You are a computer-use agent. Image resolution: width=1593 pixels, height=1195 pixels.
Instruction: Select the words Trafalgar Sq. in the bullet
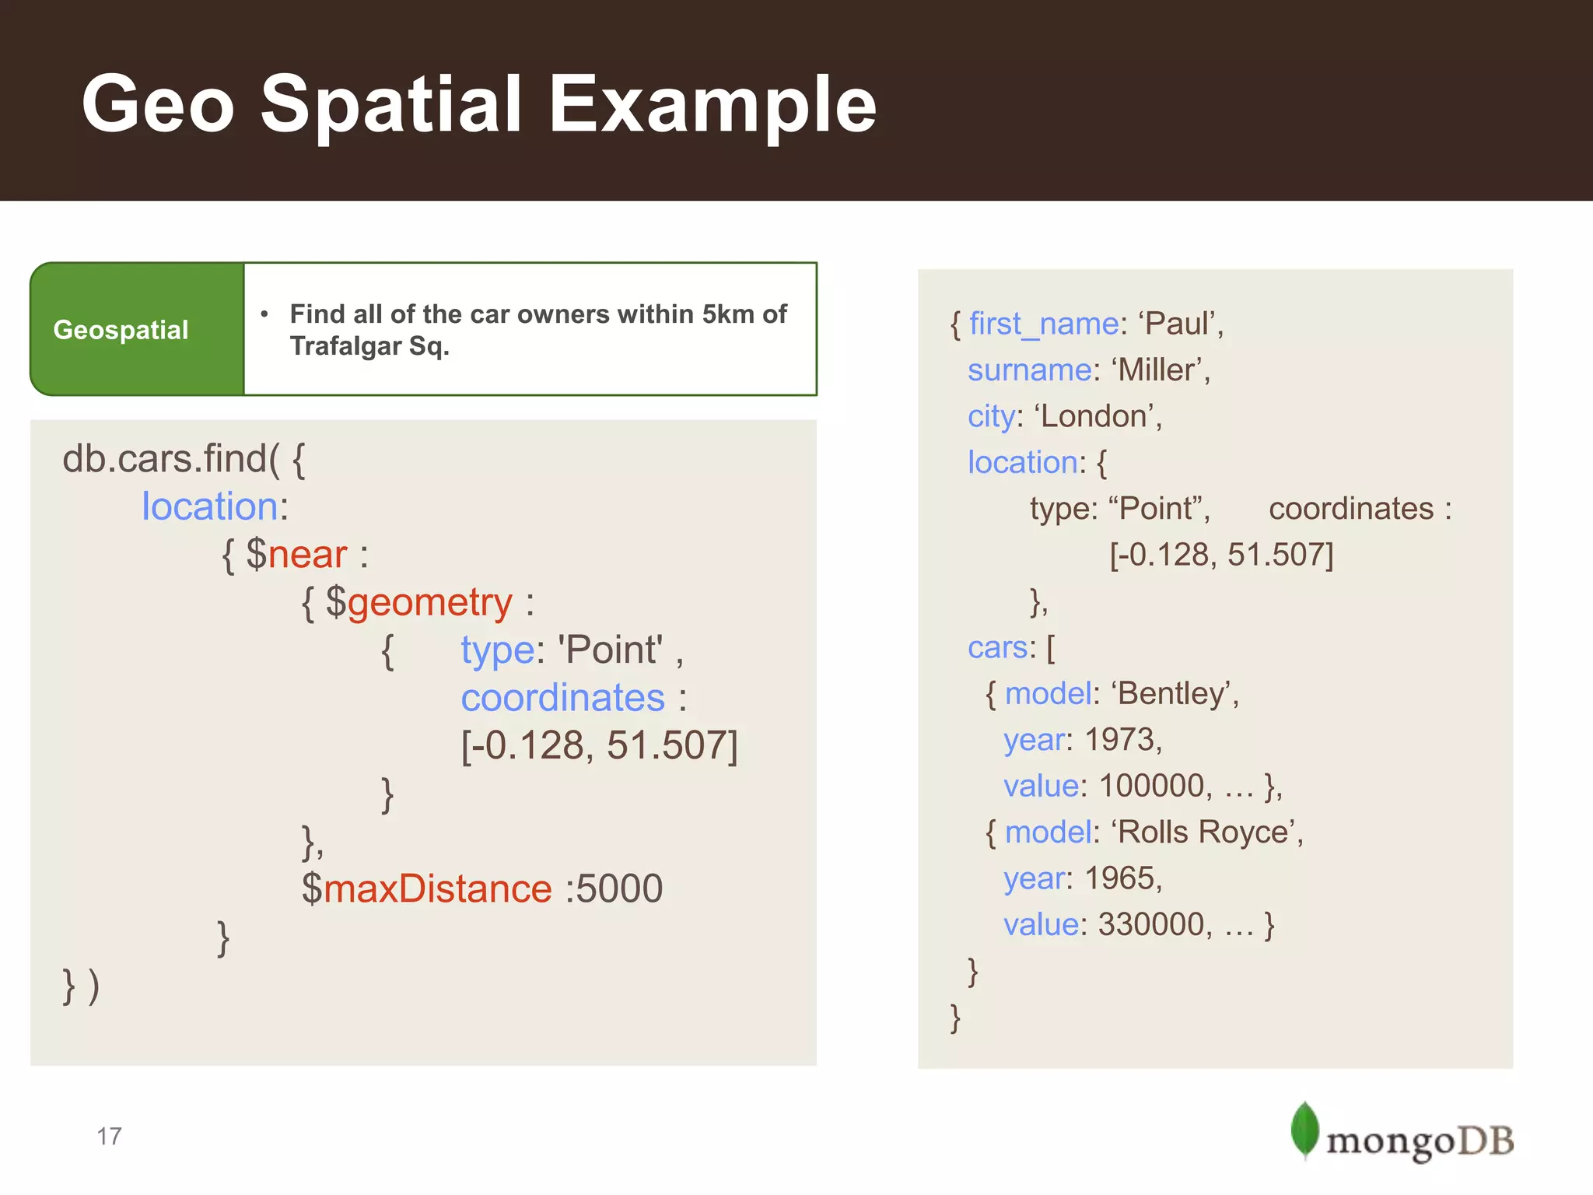[369, 346]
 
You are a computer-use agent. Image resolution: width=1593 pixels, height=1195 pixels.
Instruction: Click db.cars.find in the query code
[166, 459]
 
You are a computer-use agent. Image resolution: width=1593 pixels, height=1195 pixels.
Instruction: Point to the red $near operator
[296, 555]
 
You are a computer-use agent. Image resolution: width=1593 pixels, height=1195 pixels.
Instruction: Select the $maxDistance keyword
[427, 888]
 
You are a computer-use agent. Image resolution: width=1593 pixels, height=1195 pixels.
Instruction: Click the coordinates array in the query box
[599, 745]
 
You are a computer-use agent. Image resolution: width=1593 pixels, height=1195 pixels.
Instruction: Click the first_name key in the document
[1043, 324]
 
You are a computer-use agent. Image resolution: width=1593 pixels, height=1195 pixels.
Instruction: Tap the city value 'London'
[1097, 416]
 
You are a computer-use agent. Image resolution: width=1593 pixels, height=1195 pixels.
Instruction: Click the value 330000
[1151, 924]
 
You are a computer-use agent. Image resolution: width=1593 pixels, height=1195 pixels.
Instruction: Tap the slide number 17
[109, 1136]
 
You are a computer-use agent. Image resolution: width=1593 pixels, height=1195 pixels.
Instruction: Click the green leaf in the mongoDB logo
[1304, 1130]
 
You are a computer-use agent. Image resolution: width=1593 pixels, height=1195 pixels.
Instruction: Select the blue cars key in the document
[996, 647]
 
